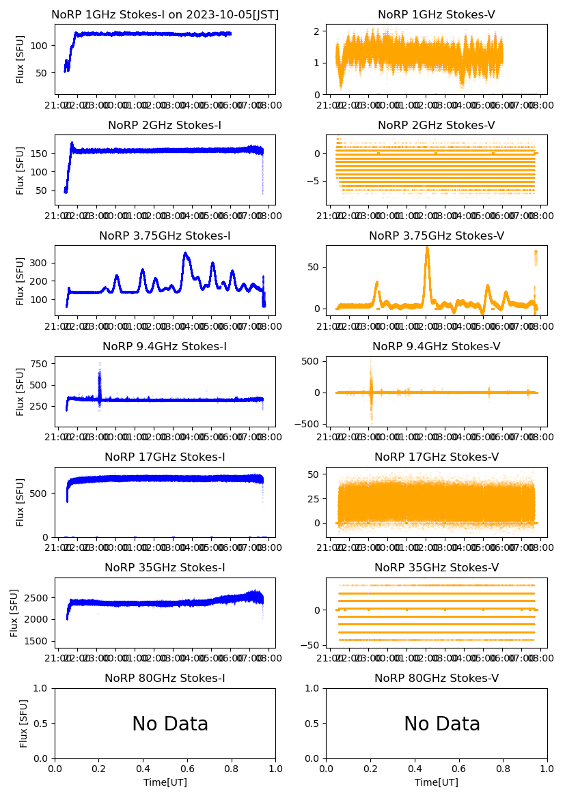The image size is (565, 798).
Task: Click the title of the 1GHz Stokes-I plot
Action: click(165, 14)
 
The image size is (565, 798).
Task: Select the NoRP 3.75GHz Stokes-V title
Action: click(437, 236)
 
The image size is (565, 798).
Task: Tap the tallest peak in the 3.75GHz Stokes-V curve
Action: click(427, 248)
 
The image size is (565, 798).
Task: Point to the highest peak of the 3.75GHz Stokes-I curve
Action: click(185, 254)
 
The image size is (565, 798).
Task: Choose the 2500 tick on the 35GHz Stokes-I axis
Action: click(38, 597)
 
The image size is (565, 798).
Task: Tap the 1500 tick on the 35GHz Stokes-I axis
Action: click(38, 641)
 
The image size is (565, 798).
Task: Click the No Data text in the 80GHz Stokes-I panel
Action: click(170, 724)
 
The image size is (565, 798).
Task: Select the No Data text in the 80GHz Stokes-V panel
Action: click(442, 724)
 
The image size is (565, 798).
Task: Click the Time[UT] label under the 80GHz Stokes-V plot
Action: click(437, 782)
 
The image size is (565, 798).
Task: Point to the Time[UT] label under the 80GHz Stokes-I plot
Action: click(165, 782)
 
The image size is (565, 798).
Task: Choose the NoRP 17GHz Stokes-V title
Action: click(437, 457)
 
